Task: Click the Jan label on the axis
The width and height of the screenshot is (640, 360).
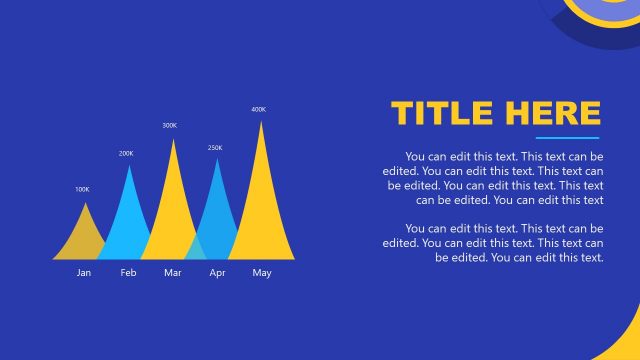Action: click(x=84, y=273)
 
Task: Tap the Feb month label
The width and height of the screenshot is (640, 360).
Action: click(x=128, y=273)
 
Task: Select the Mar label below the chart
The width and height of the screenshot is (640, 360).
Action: click(x=173, y=273)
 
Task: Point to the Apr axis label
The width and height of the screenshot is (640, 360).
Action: click(x=217, y=273)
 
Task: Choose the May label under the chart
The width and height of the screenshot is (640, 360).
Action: click(x=262, y=273)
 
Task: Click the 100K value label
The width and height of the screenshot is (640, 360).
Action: click(x=82, y=189)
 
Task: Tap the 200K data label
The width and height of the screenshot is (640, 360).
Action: click(x=126, y=154)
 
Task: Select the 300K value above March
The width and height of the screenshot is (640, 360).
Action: click(x=170, y=126)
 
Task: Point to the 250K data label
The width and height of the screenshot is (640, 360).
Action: click(x=215, y=148)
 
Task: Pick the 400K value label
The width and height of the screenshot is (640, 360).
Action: click(x=259, y=109)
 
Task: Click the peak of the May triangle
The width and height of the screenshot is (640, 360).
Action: click(x=262, y=123)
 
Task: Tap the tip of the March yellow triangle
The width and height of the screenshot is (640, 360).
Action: click(x=174, y=141)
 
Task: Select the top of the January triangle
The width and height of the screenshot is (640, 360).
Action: click(x=85, y=204)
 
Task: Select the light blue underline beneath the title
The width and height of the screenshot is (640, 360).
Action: click(x=567, y=137)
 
